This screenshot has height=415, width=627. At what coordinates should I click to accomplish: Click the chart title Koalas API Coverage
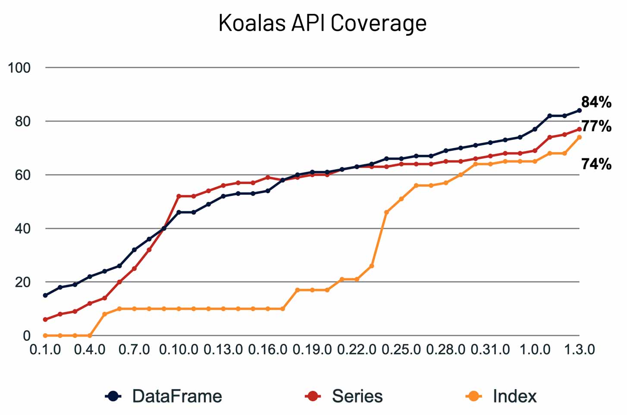click(322, 23)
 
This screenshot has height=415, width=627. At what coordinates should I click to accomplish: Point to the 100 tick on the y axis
click(19, 68)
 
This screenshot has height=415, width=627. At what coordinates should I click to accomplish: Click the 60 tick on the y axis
click(23, 175)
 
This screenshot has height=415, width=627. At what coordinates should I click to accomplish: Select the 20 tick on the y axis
click(23, 282)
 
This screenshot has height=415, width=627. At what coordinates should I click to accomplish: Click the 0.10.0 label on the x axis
click(179, 349)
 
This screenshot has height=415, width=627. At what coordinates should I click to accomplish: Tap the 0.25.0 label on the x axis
click(401, 349)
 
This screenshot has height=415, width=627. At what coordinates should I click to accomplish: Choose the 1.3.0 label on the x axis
click(579, 349)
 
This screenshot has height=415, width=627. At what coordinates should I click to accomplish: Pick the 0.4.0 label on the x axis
click(90, 349)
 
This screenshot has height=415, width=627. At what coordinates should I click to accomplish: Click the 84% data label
click(596, 102)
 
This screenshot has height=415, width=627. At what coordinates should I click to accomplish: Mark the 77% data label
click(596, 126)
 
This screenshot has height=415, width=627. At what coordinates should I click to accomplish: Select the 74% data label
click(596, 164)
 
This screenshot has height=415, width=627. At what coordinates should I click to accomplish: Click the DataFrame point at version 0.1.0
click(45, 295)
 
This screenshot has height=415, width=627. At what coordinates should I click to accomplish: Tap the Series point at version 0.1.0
click(45, 319)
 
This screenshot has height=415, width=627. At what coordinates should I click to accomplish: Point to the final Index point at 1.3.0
click(579, 137)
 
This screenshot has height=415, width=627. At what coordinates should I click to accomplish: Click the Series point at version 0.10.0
click(179, 196)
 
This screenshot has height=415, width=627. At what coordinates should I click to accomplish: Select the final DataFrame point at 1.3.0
click(579, 110)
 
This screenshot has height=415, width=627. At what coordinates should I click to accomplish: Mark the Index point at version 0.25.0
click(401, 199)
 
